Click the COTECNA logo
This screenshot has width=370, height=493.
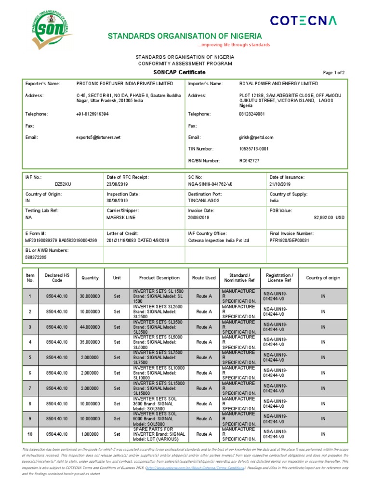(x=303, y=20)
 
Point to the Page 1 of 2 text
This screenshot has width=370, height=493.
(x=333, y=73)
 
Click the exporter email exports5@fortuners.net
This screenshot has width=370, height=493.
(x=98, y=137)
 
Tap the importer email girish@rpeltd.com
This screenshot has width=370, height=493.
(x=256, y=137)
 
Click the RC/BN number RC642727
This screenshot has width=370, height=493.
(x=249, y=160)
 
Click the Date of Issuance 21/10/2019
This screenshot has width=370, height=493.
(x=280, y=184)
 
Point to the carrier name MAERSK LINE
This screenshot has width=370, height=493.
(x=119, y=218)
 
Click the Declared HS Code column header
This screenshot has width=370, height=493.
(x=54, y=278)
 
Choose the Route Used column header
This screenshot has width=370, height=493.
(x=204, y=278)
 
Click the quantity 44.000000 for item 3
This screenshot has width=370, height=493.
(x=90, y=327)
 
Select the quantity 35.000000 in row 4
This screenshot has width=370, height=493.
(x=90, y=342)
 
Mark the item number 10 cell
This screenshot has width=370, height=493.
(x=30, y=434)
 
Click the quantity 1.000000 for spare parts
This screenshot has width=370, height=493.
(x=90, y=434)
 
